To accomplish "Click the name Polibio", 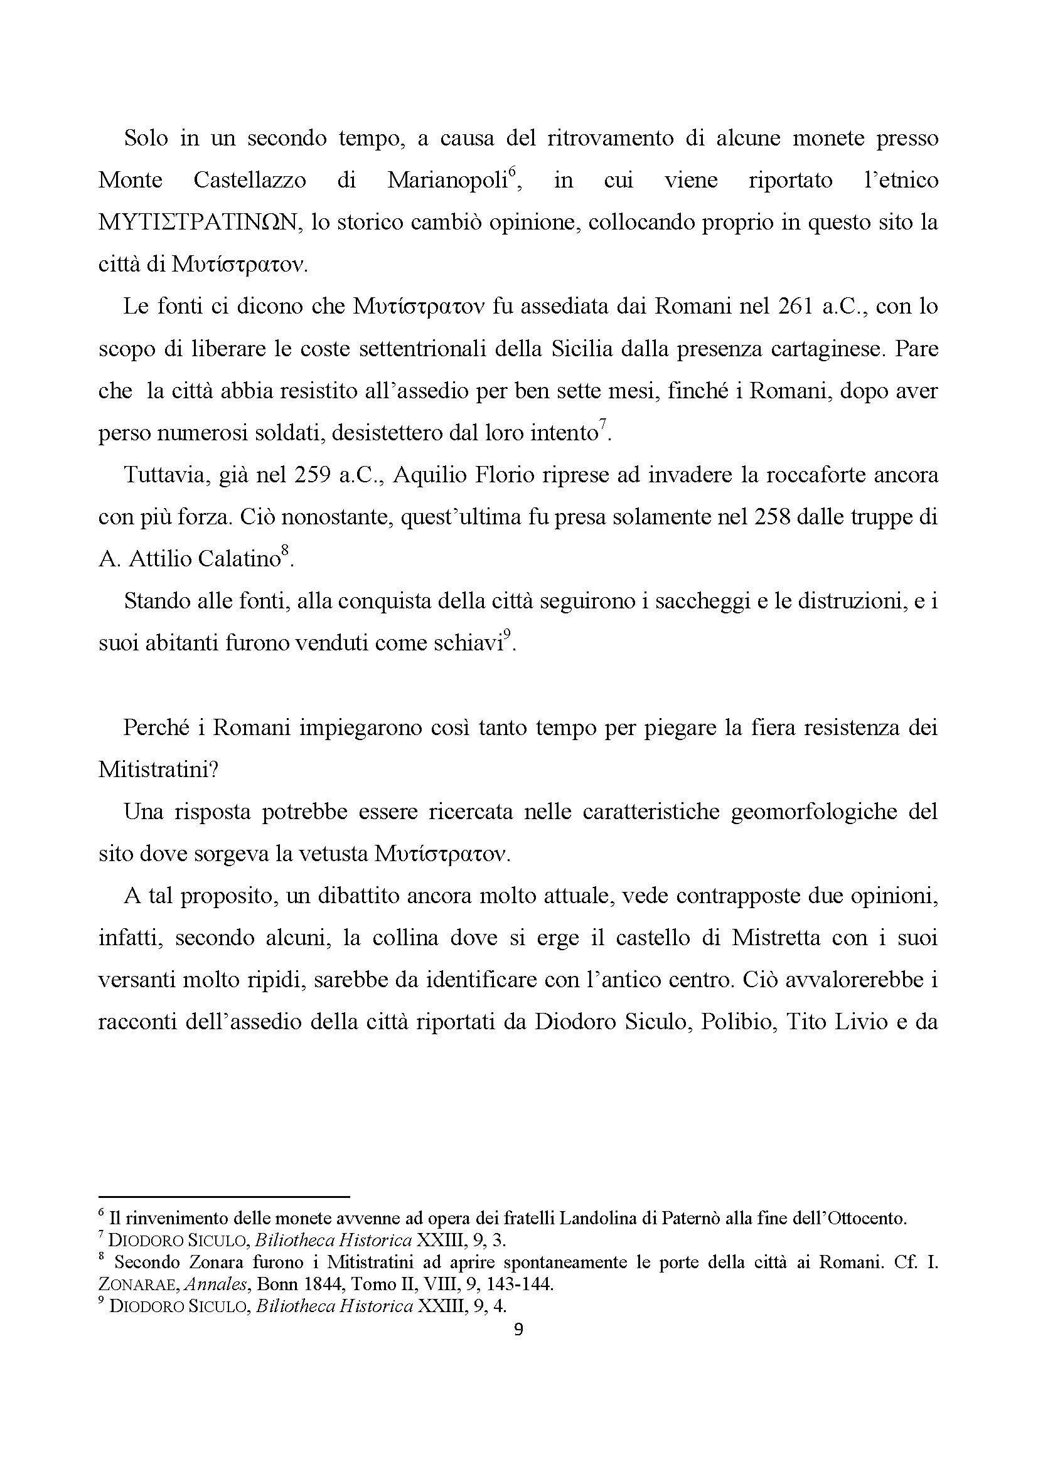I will click(x=736, y=1022).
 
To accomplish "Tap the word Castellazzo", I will click(x=249, y=181).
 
